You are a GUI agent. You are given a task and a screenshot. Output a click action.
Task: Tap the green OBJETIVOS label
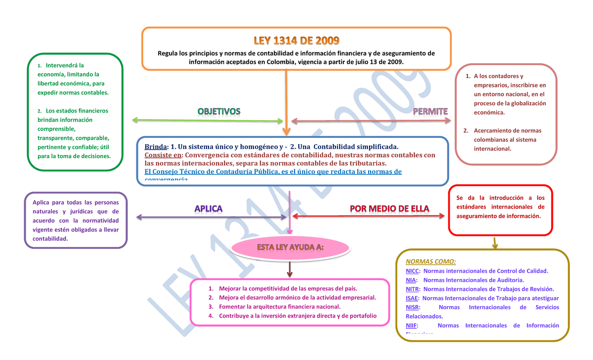click(x=218, y=112)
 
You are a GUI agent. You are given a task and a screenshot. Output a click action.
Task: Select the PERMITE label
click(x=430, y=111)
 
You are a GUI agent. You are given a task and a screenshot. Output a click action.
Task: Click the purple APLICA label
click(x=208, y=209)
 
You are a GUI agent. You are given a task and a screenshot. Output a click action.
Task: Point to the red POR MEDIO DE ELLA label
click(x=389, y=208)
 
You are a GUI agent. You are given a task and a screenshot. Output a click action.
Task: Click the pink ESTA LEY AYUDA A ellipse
click(x=290, y=247)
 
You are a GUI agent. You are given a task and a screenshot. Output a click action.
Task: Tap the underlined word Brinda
click(x=155, y=147)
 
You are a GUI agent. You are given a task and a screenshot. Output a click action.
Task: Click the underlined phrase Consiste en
click(x=162, y=155)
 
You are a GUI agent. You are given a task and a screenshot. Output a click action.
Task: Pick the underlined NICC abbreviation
click(x=413, y=271)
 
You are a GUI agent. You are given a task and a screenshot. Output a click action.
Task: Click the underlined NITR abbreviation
click(x=413, y=289)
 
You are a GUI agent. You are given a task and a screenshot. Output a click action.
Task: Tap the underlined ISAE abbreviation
click(x=412, y=298)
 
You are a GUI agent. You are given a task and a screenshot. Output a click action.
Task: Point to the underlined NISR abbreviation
click(x=413, y=307)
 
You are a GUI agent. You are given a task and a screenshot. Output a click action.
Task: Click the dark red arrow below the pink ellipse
click(x=290, y=270)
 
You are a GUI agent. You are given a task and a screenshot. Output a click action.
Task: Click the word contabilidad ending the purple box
click(x=49, y=239)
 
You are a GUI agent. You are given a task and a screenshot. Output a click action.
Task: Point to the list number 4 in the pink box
click(x=211, y=316)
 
